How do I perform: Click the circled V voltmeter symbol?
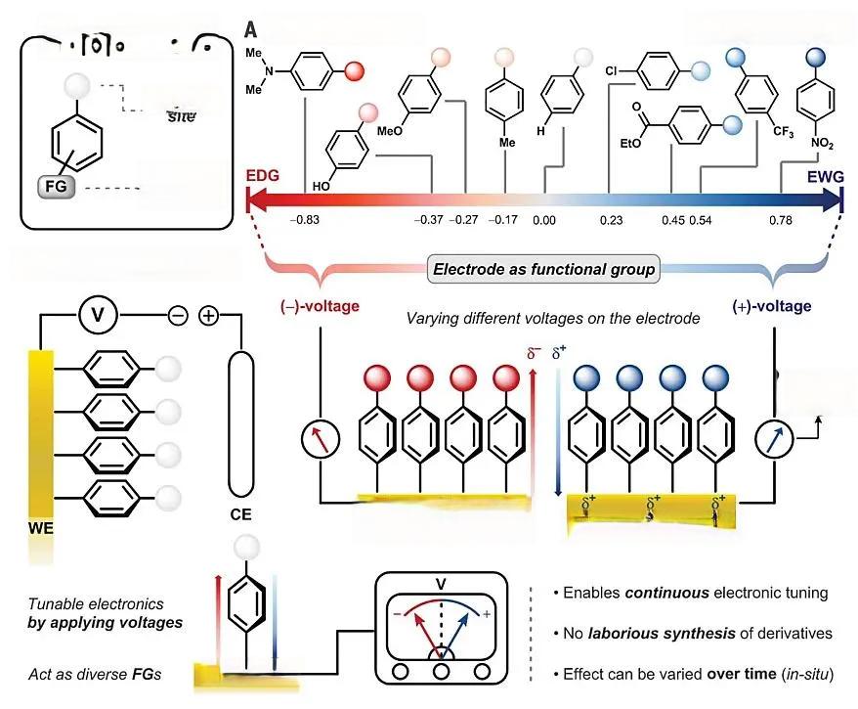click(x=98, y=316)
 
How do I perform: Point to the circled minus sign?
click(x=178, y=316)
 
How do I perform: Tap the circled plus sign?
click(x=209, y=316)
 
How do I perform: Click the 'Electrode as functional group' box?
click(x=544, y=269)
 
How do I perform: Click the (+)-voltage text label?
click(x=771, y=307)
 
